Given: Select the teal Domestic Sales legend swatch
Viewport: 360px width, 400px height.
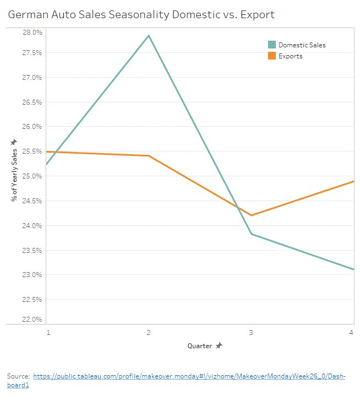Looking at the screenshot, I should click(x=271, y=45).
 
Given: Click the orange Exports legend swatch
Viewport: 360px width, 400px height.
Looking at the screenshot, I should click(x=271, y=56).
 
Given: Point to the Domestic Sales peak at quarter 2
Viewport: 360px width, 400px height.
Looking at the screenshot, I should click(x=149, y=36).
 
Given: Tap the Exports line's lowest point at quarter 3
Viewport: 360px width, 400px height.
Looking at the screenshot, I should click(x=252, y=215).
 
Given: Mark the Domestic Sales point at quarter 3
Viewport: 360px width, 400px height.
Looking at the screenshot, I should click(x=252, y=234).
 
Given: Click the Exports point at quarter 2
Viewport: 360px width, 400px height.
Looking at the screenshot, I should click(x=149, y=156).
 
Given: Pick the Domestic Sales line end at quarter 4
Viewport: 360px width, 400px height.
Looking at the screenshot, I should click(x=353, y=269).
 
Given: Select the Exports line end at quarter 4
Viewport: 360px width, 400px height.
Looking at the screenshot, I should click(x=353, y=181).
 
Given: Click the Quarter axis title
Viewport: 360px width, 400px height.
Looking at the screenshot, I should click(x=199, y=345).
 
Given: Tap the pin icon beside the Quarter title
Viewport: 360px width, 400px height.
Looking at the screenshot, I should click(x=219, y=345).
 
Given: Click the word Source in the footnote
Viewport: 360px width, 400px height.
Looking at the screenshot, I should click(x=18, y=376).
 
